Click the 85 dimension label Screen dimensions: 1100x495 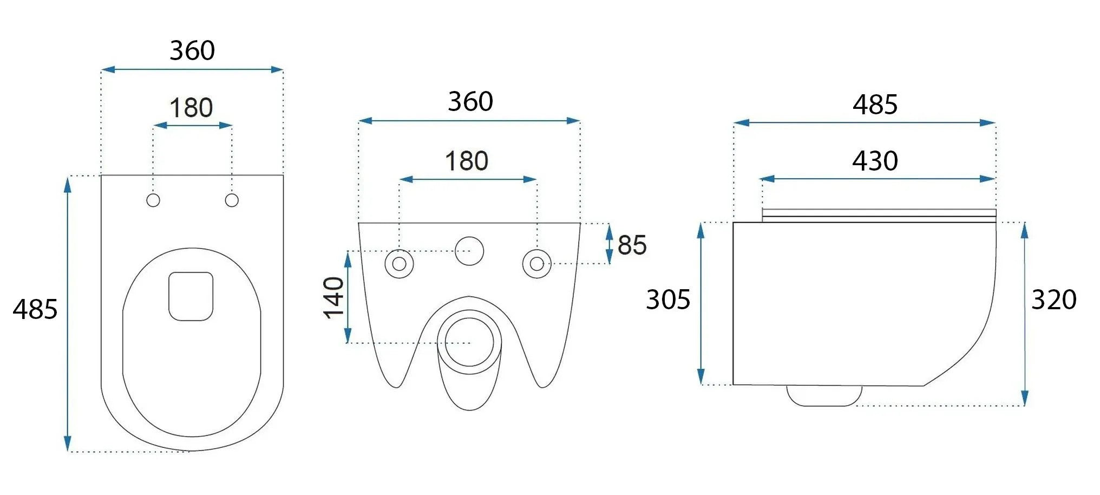(x=632, y=245)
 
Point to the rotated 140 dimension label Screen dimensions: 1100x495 (x=334, y=297)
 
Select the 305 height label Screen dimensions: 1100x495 (x=668, y=299)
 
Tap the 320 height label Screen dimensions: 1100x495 (x=1053, y=299)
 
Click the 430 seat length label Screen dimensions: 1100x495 (x=875, y=161)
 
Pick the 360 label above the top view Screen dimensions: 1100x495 (x=192, y=50)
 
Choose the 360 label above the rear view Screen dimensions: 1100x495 (x=470, y=101)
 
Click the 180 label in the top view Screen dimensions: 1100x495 (x=191, y=108)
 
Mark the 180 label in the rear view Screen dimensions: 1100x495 (x=466, y=161)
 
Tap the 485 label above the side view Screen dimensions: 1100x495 (x=875, y=105)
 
